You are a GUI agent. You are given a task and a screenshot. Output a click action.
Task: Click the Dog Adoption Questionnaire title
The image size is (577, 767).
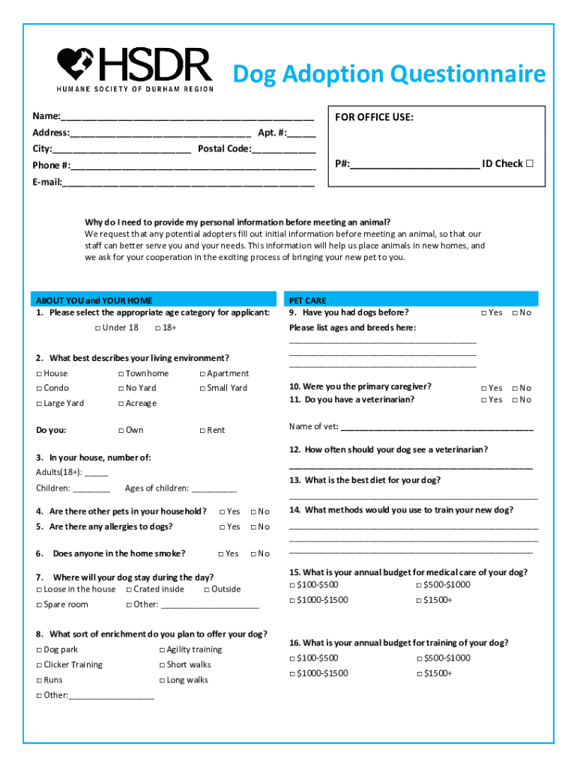point(389,75)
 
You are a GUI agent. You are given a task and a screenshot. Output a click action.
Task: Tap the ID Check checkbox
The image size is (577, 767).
point(529,163)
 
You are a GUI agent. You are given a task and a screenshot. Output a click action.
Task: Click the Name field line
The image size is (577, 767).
point(187,117)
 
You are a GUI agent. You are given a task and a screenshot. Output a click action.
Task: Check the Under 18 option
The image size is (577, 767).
point(98,328)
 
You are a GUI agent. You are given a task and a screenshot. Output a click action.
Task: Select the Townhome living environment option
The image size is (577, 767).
point(121,374)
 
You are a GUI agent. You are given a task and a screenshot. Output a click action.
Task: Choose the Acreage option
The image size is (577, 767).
point(121,404)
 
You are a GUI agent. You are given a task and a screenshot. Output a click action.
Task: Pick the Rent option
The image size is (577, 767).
point(202,431)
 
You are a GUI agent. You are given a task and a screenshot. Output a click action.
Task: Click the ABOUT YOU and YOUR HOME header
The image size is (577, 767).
point(94,300)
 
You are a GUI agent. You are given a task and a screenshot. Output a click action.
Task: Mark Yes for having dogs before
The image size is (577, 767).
point(484,313)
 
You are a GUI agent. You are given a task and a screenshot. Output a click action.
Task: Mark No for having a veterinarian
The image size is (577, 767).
point(515,400)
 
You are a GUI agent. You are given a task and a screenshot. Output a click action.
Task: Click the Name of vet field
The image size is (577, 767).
point(436,428)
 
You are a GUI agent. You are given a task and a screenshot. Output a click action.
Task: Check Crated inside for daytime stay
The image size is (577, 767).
point(130,589)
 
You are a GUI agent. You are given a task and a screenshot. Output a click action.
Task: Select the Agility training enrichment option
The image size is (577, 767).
point(162,650)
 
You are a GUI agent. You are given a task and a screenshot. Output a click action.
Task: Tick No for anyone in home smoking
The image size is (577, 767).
point(253,554)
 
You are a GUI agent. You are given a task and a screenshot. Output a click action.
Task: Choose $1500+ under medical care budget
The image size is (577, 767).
point(420,600)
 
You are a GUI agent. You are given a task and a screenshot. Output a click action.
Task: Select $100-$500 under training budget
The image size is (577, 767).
point(293,658)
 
